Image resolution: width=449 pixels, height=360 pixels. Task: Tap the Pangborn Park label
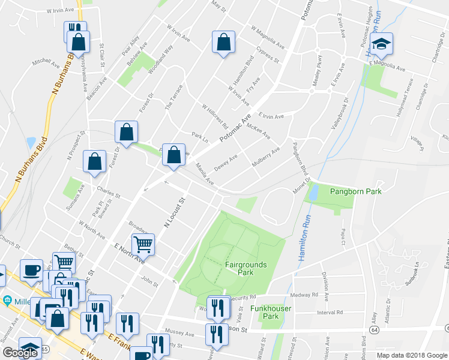tap(356, 191)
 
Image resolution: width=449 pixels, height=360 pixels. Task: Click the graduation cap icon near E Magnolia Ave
tap(381, 44)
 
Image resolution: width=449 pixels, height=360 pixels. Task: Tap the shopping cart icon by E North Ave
tap(143, 244)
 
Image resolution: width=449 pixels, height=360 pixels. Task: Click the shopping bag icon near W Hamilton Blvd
tap(223, 43)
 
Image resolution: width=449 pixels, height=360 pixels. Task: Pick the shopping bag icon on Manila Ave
tap(173, 155)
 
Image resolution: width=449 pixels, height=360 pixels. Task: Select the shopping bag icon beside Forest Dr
tap(127, 132)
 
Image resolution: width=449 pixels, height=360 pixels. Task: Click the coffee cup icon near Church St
tap(31, 269)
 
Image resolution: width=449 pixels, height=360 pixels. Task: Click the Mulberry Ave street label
tap(266, 157)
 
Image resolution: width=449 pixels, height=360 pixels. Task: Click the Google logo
tap(20, 352)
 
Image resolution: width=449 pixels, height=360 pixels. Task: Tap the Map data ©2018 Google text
tap(412, 355)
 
